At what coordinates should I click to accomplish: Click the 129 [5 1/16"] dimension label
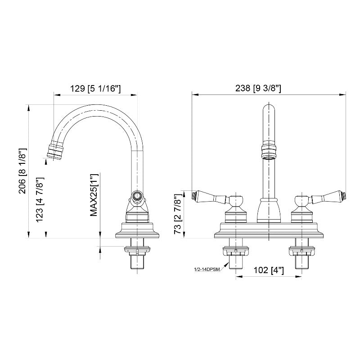pos(95,88)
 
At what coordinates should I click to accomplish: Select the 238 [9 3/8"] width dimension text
pos(258,88)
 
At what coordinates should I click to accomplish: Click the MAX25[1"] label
pos(94,195)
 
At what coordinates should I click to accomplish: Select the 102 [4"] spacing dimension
pos(269,270)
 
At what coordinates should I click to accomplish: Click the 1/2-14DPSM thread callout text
pos(207,270)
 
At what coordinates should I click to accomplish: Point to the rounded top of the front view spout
pos(269,110)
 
